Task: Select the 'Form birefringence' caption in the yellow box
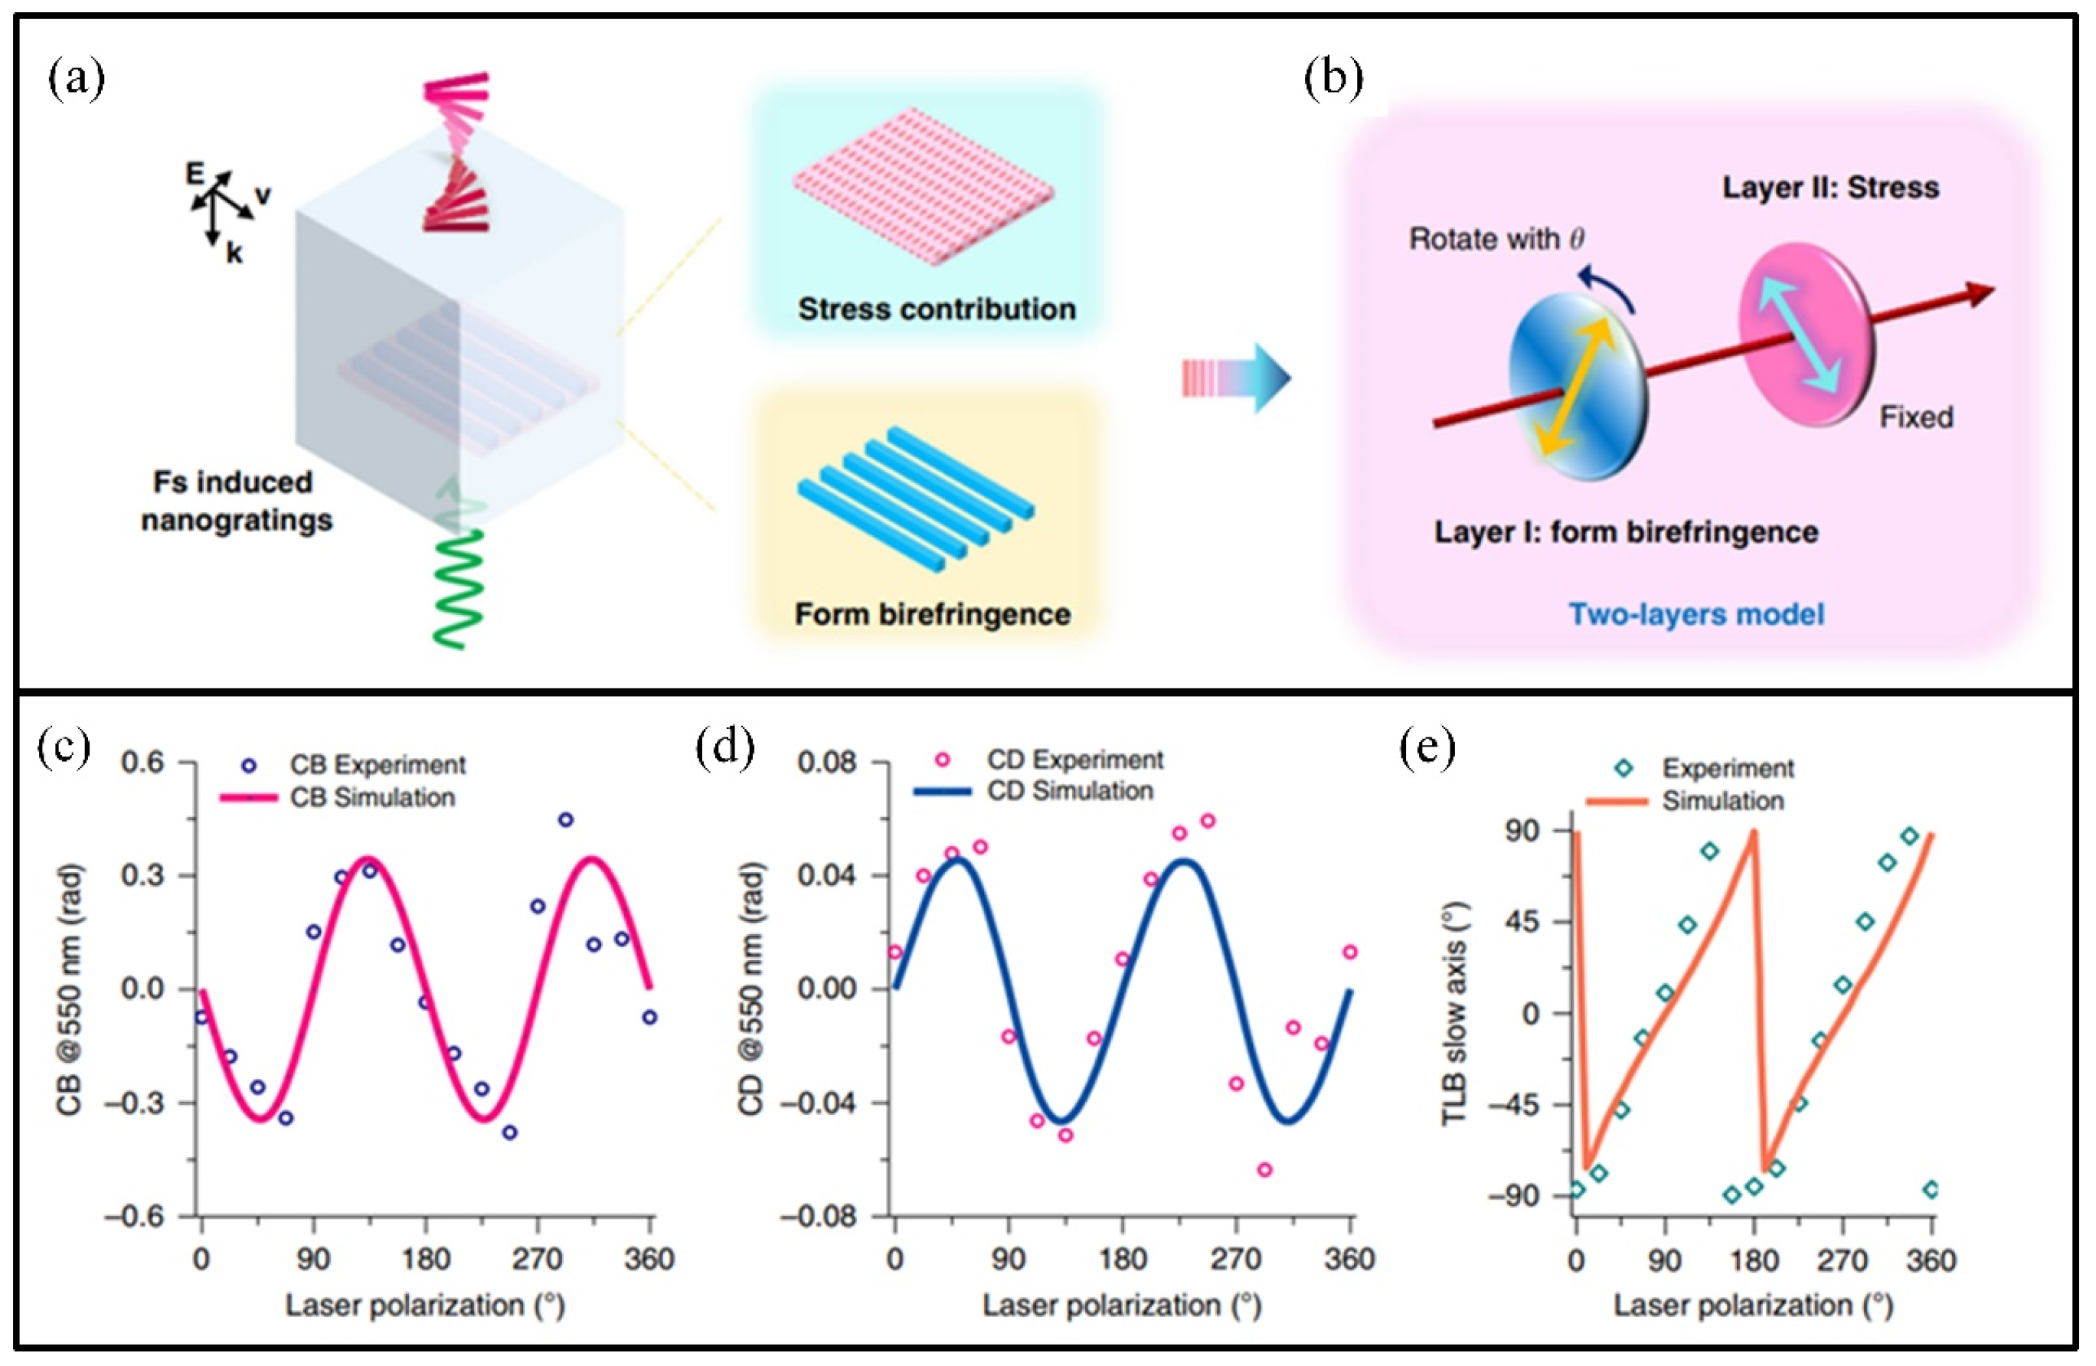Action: [933, 614]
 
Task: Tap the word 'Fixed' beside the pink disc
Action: [1916, 417]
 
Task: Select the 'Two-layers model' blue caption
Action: [1696, 614]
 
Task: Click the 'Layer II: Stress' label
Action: [1830, 188]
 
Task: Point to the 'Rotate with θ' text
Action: [1496, 239]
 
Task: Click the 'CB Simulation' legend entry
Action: [372, 798]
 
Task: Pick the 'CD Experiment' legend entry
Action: [1074, 759]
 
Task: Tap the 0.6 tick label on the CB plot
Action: [142, 763]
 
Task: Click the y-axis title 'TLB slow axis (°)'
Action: [1454, 1013]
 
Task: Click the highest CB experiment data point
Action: [565, 820]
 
